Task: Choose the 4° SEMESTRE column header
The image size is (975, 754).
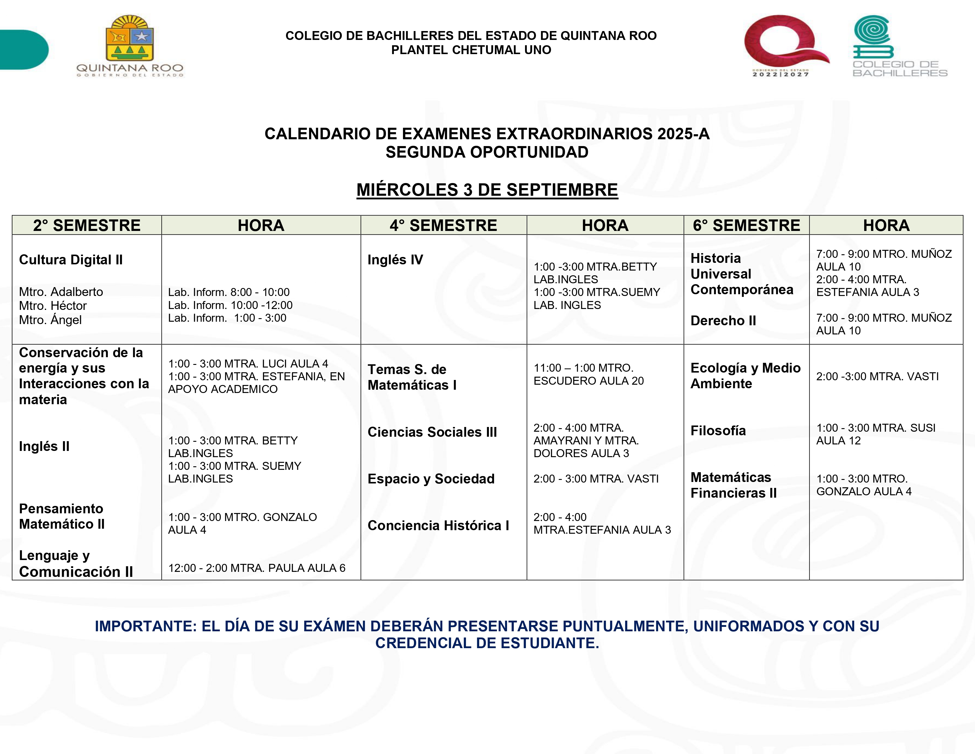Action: point(443,226)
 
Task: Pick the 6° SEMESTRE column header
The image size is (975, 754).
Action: point(746,226)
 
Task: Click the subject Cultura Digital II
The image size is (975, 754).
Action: point(71,260)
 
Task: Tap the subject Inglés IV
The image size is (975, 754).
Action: point(395,260)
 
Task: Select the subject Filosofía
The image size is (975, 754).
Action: point(718,431)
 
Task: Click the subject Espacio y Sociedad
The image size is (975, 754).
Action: point(431,479)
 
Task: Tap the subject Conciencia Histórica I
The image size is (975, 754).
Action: point(438,525)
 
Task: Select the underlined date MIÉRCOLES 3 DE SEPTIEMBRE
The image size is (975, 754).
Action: point(487,190)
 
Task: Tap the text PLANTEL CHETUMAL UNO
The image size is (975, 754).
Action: point(471,50)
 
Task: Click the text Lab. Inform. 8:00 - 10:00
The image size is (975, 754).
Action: point(229,292)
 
